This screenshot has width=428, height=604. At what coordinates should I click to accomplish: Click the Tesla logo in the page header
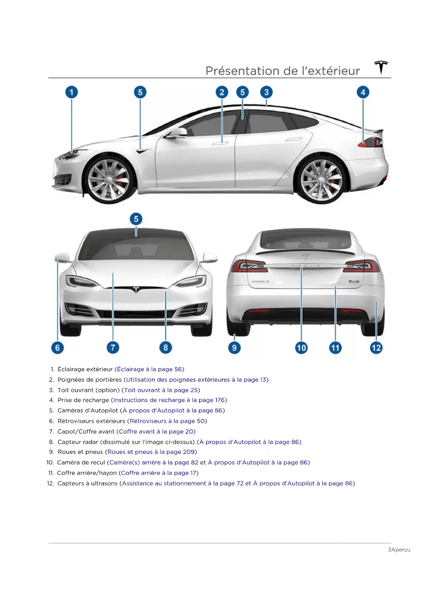click(381, 67)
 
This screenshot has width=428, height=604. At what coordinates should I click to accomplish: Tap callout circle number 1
click(72, 92)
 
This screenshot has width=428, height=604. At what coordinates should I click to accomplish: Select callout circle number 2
click(222, 92)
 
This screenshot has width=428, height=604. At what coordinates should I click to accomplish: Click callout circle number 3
click(266, 92)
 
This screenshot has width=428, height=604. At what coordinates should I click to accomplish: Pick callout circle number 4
click(363, 92)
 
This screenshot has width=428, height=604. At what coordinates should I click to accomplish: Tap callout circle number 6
click(58, 347)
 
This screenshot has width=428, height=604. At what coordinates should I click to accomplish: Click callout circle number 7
click(113, 347)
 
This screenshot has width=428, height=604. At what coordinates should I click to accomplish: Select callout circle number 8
click(166, 347)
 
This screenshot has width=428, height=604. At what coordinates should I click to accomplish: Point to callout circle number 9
click(235, 347)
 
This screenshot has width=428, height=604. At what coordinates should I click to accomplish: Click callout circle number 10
click(301, 347)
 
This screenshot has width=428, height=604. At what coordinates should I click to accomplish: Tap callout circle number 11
click(335, 347)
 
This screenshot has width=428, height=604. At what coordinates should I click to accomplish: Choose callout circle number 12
click(376, 347)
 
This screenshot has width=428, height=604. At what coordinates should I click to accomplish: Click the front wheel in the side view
click(109, 179)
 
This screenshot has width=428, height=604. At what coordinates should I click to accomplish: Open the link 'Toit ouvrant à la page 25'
click(161, 390)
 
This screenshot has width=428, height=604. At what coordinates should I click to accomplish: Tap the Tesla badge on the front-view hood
click(136, 289)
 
